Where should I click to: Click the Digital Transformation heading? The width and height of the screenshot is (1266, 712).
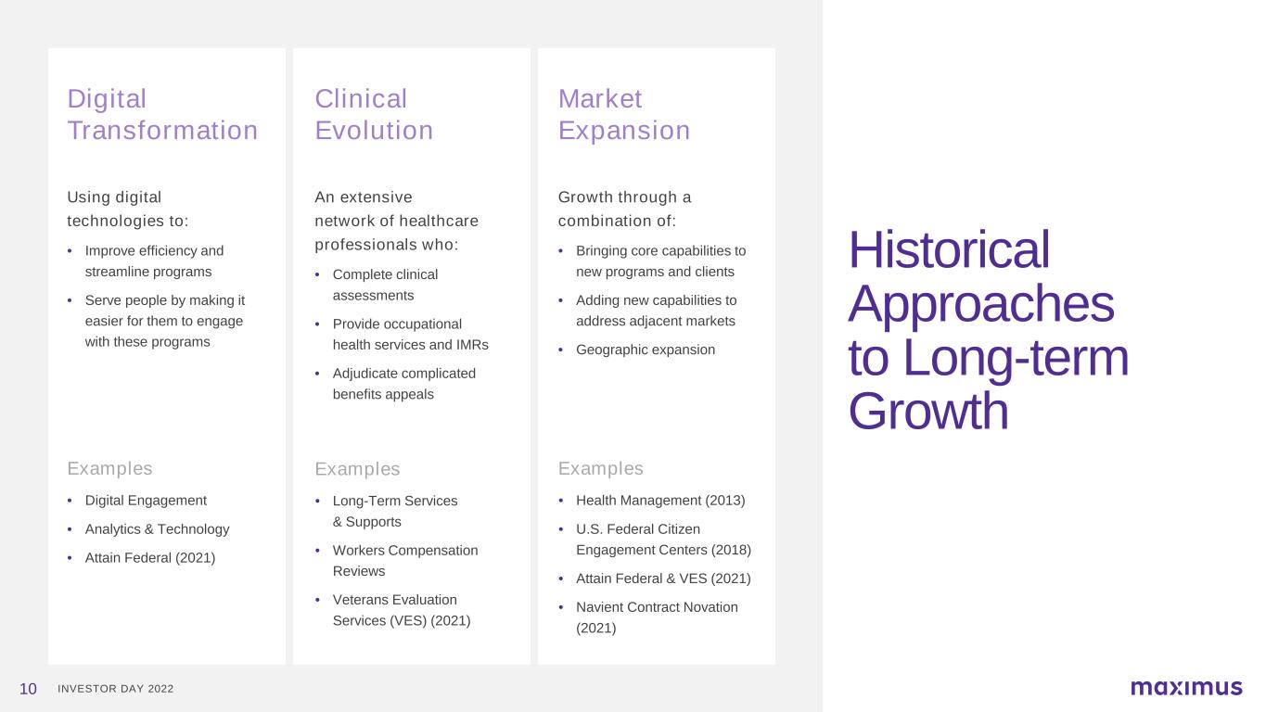[x=163, y=115]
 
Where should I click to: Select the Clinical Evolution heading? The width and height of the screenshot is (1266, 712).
[x=374, y=115]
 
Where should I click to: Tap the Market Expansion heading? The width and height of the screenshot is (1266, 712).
[x=624, y=115]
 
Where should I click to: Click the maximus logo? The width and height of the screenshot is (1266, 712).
[x=1186, y=687]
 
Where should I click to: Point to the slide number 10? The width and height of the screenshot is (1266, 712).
[x=28, y=689]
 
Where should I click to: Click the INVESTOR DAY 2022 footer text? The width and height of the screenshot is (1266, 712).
[x=116, y=689]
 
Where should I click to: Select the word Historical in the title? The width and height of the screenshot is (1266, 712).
[x=949, y=249]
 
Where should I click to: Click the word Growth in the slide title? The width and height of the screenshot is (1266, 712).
[x=928, y=411]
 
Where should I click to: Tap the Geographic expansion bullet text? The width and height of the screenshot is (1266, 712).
[x=646, y=350]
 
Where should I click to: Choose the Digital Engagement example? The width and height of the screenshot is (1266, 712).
[x=146, y=501]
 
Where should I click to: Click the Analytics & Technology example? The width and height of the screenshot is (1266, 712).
[x=157, y=529]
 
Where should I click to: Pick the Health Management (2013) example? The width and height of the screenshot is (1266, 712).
[x=660, y=501]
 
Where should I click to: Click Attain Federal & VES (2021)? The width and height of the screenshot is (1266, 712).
[x=663, y=578]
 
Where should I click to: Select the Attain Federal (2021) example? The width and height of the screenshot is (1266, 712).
[x=150, y=558]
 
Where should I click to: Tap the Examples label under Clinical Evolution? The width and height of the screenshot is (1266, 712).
[x=357, y=469]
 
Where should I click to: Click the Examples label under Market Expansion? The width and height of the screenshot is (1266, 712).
[x=601, y=468]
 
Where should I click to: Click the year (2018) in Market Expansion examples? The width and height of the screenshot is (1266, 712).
[x=732, y=551]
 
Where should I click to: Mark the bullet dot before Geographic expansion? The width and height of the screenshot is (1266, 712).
[x=560, y=350]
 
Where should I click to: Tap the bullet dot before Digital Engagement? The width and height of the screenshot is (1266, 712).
[x=70, y=501]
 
